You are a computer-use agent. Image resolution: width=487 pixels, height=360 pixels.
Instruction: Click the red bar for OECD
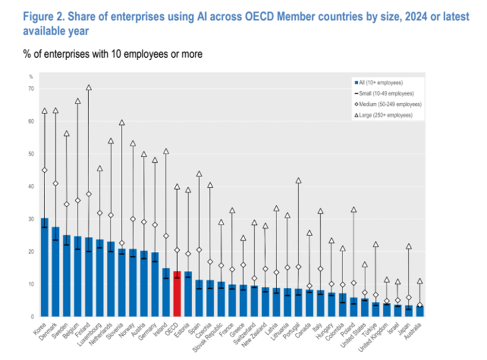point(177,294)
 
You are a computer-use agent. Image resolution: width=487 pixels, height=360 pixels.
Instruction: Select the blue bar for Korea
point(44,267)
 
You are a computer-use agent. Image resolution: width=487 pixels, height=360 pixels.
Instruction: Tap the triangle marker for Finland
point(88,88)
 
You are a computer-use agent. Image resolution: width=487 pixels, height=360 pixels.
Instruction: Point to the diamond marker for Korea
point(44,170)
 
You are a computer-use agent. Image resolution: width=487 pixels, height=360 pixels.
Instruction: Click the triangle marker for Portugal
point(299,180)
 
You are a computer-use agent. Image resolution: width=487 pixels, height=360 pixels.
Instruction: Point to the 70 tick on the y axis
point(31,89)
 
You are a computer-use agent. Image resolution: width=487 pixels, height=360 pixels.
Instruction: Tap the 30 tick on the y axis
point(31,219)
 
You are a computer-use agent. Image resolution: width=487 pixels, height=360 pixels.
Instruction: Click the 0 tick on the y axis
point(32,316)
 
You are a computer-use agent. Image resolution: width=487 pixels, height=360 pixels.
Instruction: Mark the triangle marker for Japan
point(409,246)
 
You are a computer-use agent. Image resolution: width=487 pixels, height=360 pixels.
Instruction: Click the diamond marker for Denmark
point(55,183)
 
